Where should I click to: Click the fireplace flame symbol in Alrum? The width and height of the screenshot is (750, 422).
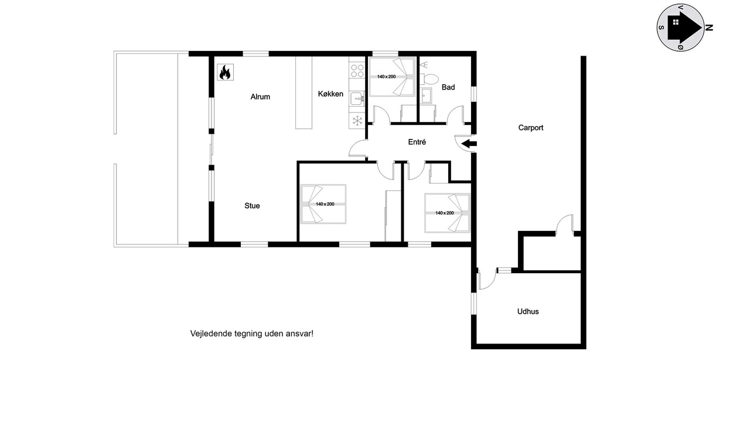(225, 72)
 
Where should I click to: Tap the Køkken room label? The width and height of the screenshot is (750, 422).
(330, 94)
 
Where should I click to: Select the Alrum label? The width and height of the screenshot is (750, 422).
(260, 97)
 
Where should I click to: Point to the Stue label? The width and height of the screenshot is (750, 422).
(252, 206)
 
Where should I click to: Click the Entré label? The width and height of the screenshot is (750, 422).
(417, 142)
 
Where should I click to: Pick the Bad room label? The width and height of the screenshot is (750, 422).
(448, 87)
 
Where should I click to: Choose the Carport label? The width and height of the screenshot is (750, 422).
(531, 128)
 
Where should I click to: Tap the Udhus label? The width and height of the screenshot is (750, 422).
(528, 311)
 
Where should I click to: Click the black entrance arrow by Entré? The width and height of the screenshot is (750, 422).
(469, 144)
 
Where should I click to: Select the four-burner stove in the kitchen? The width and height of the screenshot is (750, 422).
(357, 71)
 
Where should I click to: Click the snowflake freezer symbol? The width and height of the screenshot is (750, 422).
(357, 121)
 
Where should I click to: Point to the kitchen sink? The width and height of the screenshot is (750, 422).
(357, 99)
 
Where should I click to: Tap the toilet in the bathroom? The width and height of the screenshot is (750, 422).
(429, 79)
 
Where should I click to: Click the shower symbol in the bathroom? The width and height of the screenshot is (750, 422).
(424, 65)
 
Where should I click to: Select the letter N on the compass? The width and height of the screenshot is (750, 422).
(709, 28)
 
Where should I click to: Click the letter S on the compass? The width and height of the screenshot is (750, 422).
(662, 28)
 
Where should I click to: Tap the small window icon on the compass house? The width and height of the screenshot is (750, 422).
(676, 22)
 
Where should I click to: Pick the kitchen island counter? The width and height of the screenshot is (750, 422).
(304, 93)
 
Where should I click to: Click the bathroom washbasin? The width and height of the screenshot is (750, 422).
(426, 96)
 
